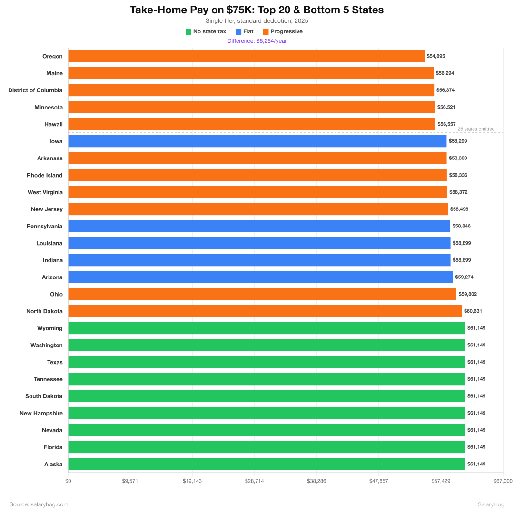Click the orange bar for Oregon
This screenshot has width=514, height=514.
tap(246, 56)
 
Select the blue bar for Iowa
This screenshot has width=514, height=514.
tap(257, 141)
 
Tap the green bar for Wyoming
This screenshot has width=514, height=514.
tap(267, 328)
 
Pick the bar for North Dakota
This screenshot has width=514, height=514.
tap(265, 311)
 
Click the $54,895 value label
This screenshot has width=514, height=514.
tap(435, 56)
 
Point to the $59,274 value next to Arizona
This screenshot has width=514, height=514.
tap(464, 277)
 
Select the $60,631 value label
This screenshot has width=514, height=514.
tap(473, 311)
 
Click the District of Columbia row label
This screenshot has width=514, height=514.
tap(35, 90)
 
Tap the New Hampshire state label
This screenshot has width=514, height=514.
tap(41, 413)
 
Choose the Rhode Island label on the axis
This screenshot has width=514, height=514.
tap(44, 175)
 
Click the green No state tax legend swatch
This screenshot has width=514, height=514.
tap(188, 32)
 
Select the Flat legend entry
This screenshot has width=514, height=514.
tap(245, 32)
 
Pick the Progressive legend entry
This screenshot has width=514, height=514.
tap(283, 32)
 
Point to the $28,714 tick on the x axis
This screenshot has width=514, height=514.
tap(254, 481)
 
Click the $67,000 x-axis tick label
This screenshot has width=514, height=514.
tap(503, 481)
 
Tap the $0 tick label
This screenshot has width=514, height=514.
tap(68, 481)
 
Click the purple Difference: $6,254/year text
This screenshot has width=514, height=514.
tap(257, 41)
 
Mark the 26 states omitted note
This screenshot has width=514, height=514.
tap(475, 129)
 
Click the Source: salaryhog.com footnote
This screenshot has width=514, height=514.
tap(39, 504)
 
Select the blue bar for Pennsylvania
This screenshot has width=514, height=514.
tap(259, 226)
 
